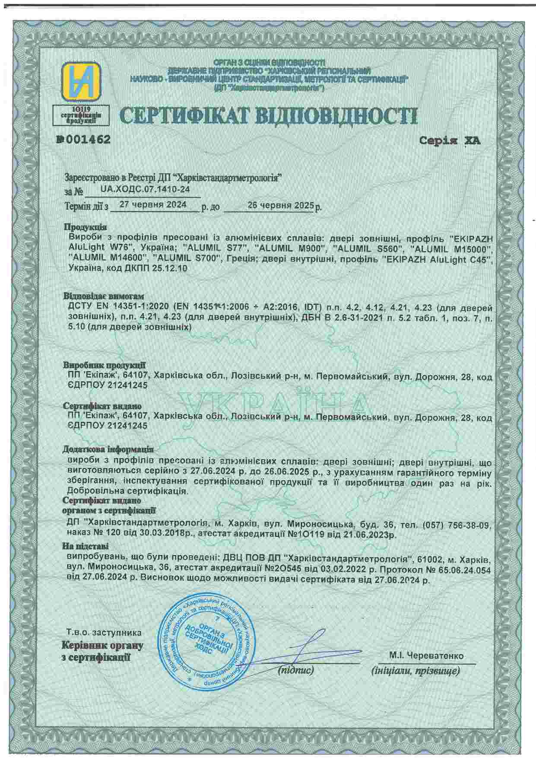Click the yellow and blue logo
tap(81, 82)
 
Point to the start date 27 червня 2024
tap(153, 205)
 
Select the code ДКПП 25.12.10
tap(152, 268)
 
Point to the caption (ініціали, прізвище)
tap(415, 671)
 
